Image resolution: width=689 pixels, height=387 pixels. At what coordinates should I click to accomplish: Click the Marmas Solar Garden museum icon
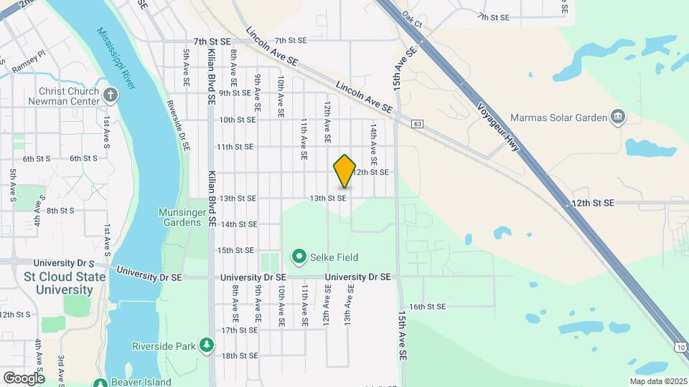[x=617, y=117]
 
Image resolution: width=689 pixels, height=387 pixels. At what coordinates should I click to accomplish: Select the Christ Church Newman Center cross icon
[x=110, y=94]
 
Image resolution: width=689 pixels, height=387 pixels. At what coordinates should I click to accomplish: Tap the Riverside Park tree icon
[x=207, y=345]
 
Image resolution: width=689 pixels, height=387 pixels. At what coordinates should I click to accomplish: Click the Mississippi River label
[x=116, y=49]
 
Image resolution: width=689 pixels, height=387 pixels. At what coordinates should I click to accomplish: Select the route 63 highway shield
[x=417, y=124]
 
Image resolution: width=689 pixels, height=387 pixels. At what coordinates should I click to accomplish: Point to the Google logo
[x=24, y=378]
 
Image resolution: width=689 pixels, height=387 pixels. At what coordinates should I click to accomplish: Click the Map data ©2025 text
[x=657, y=381]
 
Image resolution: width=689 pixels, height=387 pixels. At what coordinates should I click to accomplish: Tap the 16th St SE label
[x=428, y=307]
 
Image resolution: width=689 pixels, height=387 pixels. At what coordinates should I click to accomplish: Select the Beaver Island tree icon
[x=100, y=382]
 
